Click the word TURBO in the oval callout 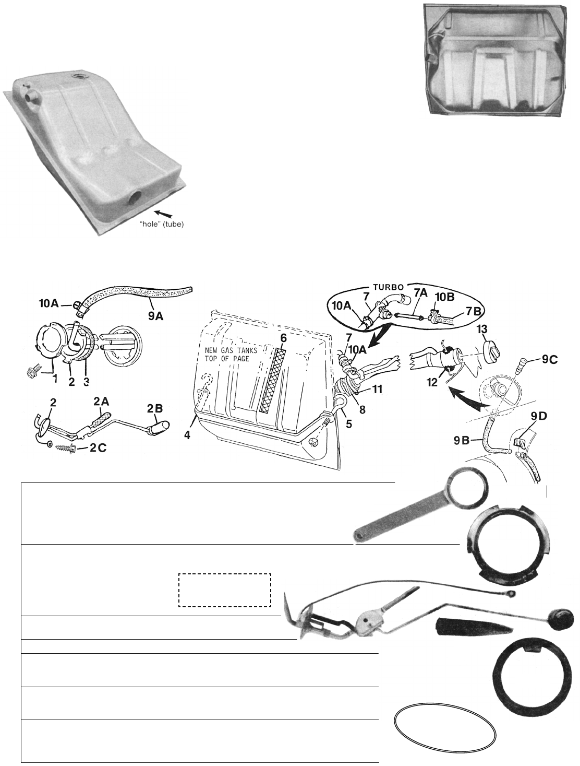coord(388,287)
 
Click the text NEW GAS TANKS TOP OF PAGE coord(231,354)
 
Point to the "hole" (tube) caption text coord(161,225)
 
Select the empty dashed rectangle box coord(225,590)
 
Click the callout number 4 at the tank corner coord(188,435)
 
